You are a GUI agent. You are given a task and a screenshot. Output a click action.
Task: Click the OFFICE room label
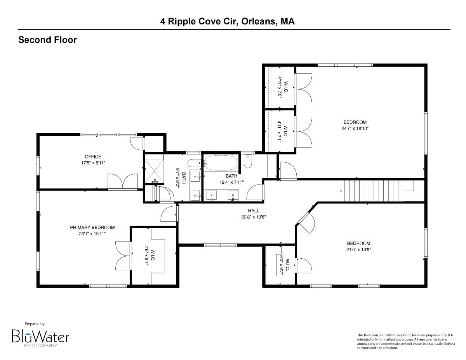tap(93, 157)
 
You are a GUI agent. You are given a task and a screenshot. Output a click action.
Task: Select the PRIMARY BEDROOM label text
tap(92, 228)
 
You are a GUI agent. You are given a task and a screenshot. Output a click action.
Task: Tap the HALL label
tap(254, 211)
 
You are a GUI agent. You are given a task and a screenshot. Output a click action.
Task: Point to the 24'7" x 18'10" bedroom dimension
tap(355, 128)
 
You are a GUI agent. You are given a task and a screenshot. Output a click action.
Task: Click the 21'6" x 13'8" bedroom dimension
tap(358, 250)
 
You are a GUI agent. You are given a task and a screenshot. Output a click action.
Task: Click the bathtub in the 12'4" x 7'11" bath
tap(221, 163)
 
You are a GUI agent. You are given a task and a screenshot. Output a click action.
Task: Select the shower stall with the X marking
tap(154, 169)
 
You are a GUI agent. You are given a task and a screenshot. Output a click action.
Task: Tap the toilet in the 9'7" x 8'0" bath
tap(193, 163)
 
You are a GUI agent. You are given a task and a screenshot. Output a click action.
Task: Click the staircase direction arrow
tap(341, 191)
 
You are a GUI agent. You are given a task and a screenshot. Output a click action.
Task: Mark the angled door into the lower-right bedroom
tap(306, 223)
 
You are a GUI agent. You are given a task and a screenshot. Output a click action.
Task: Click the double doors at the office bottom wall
tap(122, 182)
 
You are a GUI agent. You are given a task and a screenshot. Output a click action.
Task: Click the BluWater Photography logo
tap(40, 336)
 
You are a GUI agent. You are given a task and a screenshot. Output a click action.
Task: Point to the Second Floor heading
tap(47, 40)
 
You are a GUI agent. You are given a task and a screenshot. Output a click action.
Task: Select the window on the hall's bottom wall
tap(220, 245)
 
